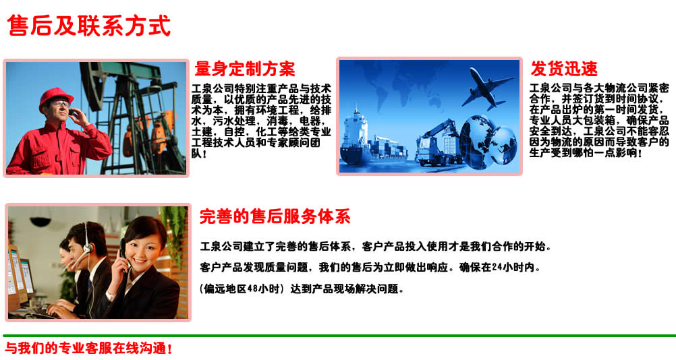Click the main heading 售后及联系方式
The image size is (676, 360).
89,26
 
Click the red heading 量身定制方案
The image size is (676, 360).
245,69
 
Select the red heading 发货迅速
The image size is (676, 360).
564,69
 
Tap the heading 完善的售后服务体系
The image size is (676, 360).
275,216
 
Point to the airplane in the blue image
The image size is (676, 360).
487,88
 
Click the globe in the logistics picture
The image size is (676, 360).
488,142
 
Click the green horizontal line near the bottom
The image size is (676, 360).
339,336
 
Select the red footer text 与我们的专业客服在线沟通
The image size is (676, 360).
89,348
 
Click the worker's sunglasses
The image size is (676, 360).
60,104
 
